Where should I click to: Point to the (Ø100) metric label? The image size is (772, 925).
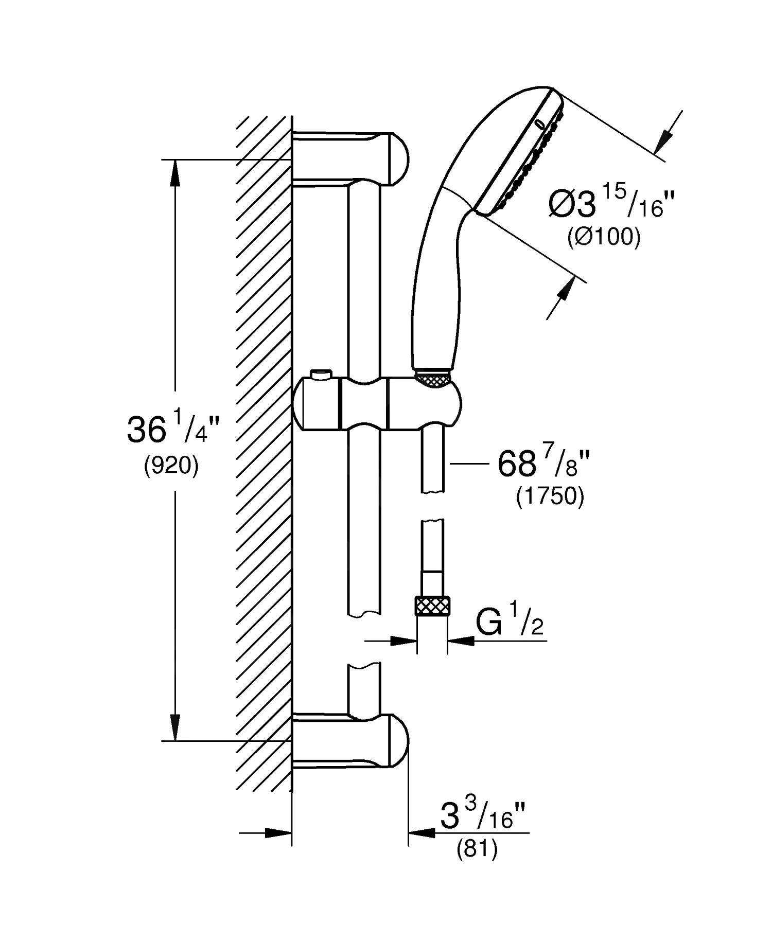pyautogui.click(x=604, y=237)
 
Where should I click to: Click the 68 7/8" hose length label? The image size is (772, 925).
pyautogui.click(x=543, y=464)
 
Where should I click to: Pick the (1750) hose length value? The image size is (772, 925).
pyautogui.click(x=550, y=497)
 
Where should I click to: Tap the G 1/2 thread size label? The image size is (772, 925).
pyautogui.click(x=509, y=623)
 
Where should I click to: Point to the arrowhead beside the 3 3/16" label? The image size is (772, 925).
pyautogui.click(x=421, y=832)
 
